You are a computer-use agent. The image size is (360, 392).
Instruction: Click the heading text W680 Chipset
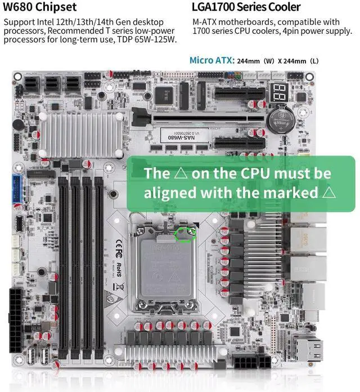click(40, 7)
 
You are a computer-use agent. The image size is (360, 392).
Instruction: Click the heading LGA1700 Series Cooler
click(246, 7)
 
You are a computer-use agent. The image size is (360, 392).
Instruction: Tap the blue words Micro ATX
click(211, 60)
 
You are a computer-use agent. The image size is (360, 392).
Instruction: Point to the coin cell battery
click(279, 118)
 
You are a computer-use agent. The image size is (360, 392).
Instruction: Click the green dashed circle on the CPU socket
click(186, 232)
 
